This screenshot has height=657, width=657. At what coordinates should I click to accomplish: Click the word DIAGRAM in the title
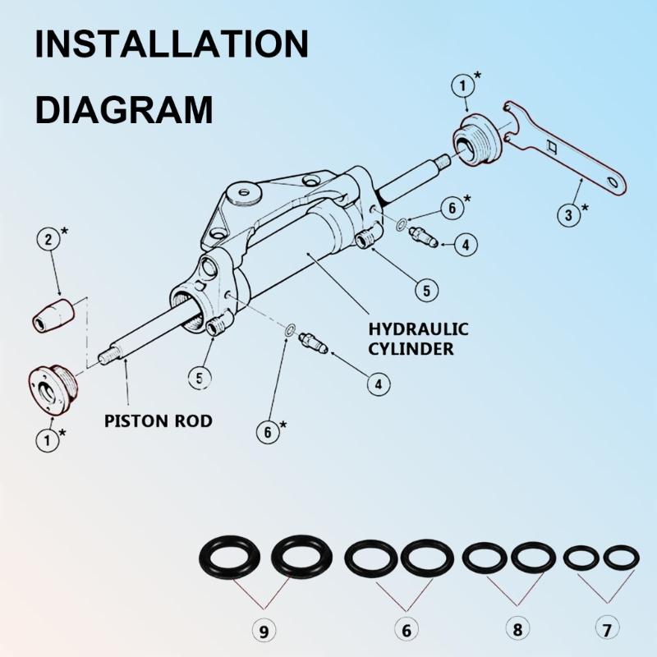tap(123, 108)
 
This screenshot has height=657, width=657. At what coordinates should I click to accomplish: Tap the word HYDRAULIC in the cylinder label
tap(418, 329)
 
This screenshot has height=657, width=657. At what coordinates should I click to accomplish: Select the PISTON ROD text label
tap(159, 421)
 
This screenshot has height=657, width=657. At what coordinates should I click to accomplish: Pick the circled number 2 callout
tap(50, 240)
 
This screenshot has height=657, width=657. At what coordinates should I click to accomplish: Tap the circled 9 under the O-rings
tap(263, 631)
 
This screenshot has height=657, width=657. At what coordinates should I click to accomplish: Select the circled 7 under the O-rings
tap(606, 631)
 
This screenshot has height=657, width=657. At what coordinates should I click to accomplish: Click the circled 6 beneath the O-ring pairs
tap(406, 631)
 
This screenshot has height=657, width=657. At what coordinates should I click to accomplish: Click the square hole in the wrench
tap(553, 148)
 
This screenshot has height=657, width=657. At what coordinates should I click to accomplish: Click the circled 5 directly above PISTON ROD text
tap(199, 378)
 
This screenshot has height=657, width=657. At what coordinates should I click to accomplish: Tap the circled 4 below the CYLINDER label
tap(378, 383)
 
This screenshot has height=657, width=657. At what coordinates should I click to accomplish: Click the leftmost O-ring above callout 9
tap(232, 558)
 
